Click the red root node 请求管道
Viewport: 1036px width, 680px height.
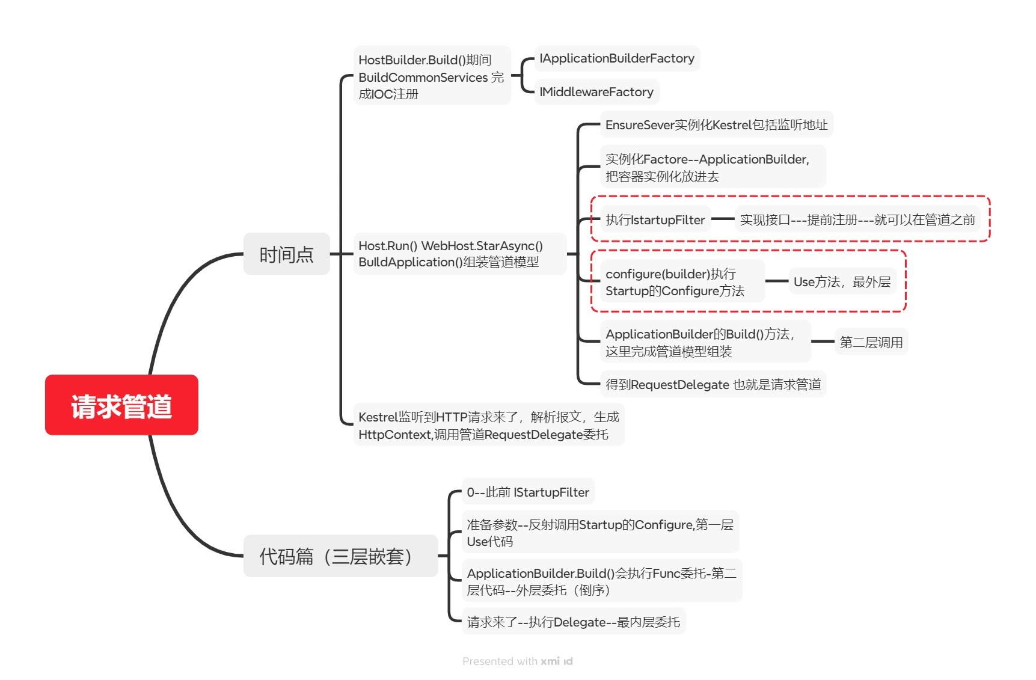pyautogui.click(x=121, y=405)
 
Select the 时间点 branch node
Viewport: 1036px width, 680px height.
pyautogui.click(x=286, y=254)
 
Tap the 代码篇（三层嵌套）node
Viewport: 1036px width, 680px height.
pyautogui.click(x=340, y=556)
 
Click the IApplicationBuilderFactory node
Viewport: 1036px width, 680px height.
pyautogui.click(x=616, y=58)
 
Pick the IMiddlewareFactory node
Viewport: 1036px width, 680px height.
pyautogui.click(x=596, y=92)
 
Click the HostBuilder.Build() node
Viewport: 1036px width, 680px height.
pyautogui.click(x=431, y=76)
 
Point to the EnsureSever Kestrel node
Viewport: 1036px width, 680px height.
pyautogui.click(x=716, y=124)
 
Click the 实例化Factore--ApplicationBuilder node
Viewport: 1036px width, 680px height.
pyautogui.click(x=712, y=167)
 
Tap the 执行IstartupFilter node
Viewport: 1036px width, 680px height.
pyautogui.click(x=655, y=219)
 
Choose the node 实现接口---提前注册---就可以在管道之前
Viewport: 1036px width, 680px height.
pyautogui.click(x=857, y=219)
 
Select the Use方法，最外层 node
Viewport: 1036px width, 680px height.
pyautogui.click(x=841, y=281)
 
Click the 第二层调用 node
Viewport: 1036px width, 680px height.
pyautogui.click(x=871, y=342)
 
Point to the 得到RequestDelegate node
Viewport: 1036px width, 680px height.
pyautogui.click(x=713, y=384)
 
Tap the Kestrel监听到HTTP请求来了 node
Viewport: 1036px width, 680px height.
pyautogui.click(x=488, y=425)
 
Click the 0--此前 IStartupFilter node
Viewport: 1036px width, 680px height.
pyautogui.click(x=527, y=492)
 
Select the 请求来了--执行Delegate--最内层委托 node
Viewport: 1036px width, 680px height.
pyautogui.click(x=573, y=622)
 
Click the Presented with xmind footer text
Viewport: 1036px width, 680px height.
pyautogui.click(x=517, y=661)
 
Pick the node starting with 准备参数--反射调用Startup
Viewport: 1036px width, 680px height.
pyautogui.click(x=599, y=533)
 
